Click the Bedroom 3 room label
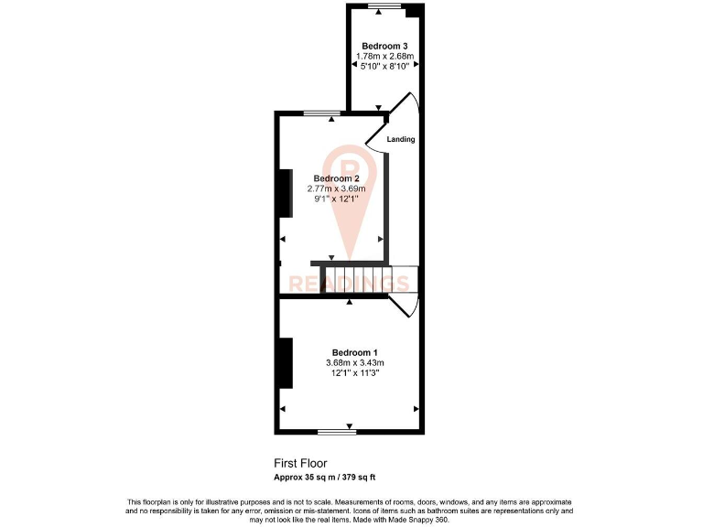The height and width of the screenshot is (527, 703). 384,46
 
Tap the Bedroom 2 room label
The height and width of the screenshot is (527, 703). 335,178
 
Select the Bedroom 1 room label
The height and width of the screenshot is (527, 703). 354,353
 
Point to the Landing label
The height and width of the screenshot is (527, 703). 401,140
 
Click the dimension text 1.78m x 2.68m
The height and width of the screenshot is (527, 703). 384,56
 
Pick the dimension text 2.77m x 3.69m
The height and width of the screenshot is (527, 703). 335,188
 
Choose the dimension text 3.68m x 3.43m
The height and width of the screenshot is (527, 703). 354,363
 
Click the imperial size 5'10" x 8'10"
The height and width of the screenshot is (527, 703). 384,66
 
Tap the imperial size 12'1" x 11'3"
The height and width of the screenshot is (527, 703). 354,373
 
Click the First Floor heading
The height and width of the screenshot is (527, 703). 300,463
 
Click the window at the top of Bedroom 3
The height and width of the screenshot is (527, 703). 384,6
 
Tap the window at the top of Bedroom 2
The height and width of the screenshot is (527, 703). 319,113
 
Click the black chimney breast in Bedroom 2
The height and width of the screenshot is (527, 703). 286,193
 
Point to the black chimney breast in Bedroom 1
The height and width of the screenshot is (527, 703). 286,362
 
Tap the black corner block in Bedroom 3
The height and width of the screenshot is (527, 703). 414,11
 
